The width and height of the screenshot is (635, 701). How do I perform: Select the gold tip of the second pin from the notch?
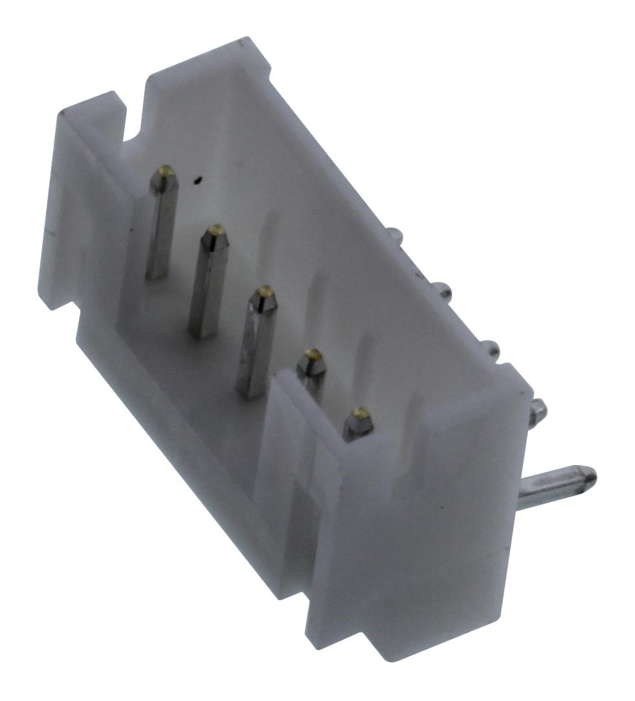click(216, 230)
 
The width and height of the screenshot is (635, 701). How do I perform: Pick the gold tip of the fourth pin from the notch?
click(313, 354)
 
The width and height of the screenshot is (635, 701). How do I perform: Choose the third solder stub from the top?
click(491, 349)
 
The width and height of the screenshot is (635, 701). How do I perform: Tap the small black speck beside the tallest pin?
click(198, 180)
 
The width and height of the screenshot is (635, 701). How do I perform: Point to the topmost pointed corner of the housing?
click(242, 41)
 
